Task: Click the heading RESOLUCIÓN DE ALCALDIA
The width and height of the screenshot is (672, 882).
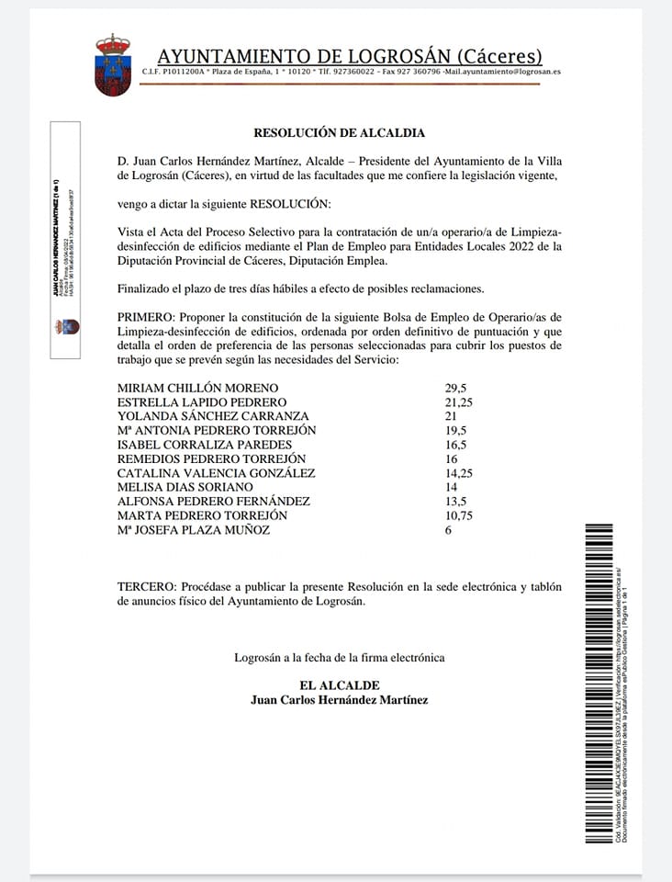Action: click(x=340, y=133)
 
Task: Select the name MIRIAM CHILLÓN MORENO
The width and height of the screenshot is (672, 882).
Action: click(x=197, y=388)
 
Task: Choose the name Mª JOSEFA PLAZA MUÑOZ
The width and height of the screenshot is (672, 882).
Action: click(x=194, y=529)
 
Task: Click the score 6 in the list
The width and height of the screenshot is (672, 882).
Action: click(x=448, y=529)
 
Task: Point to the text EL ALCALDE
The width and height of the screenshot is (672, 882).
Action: click(x=339, y=685)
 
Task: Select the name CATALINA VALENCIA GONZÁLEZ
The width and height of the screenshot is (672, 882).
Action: click(x=216, y=473)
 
